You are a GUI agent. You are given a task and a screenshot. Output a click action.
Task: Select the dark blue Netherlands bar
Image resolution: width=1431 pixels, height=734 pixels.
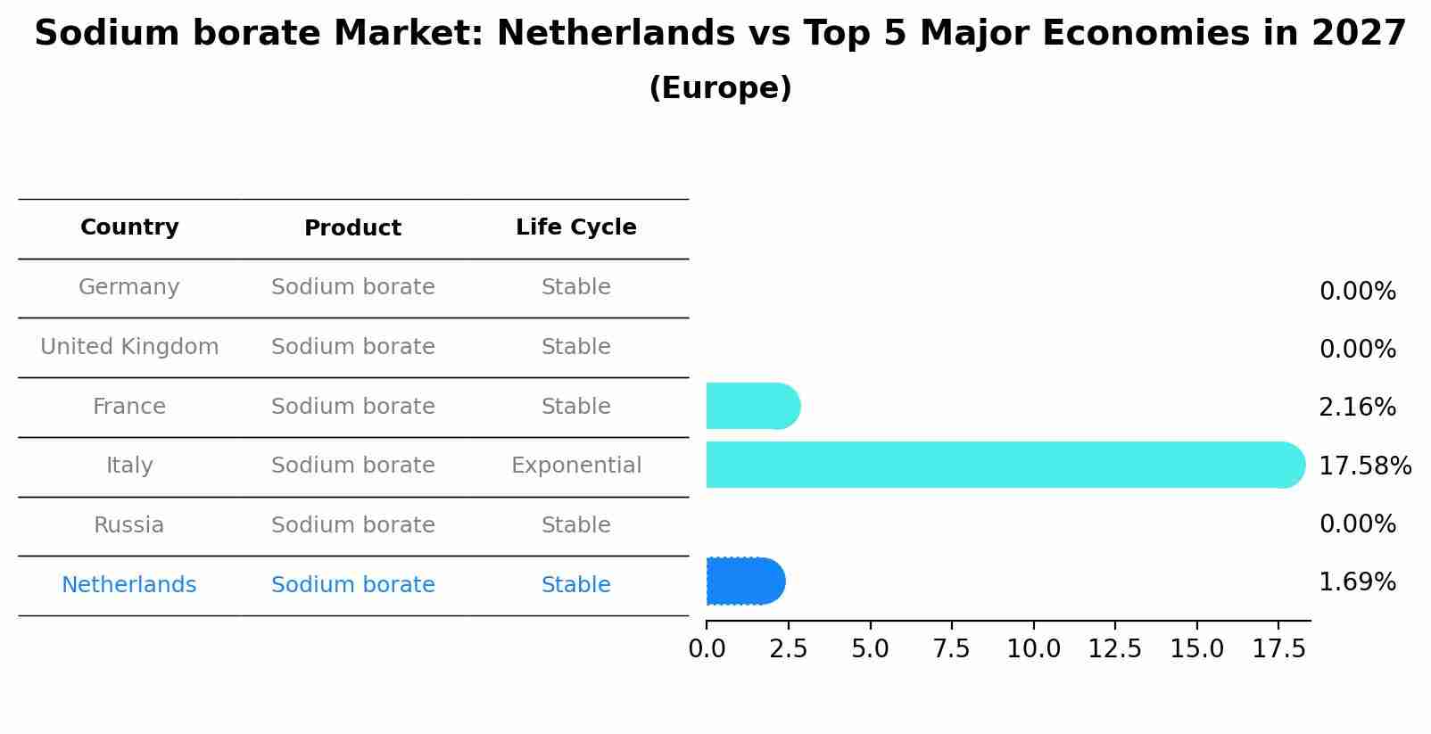coord(745,581)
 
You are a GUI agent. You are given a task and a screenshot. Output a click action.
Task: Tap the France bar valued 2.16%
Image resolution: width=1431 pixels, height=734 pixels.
coord(752,407)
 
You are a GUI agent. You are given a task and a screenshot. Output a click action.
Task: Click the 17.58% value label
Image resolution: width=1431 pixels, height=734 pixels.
coord(1364,466)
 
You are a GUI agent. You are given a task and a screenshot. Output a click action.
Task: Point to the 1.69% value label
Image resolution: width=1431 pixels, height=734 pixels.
coord(1357,582)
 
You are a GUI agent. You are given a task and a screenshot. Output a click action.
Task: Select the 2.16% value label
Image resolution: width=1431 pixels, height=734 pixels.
coord(1357,408)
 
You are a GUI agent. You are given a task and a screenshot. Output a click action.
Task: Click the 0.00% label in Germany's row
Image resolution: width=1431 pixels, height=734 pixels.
coord(1357,292)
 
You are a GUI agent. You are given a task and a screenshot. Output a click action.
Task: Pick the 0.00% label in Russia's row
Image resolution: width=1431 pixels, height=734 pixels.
coord(1357,524)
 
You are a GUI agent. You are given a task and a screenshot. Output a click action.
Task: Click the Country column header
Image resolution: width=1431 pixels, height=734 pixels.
coord(129,227)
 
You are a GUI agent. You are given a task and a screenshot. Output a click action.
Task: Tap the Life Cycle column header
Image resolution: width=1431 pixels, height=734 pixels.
coord(575,227)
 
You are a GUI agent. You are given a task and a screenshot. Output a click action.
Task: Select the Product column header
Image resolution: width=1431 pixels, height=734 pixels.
coord(352,228)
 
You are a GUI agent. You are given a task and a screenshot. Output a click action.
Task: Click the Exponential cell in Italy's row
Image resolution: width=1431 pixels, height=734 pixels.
coord(575,466)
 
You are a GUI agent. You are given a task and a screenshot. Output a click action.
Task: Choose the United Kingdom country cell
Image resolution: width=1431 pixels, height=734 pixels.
coord(129,347)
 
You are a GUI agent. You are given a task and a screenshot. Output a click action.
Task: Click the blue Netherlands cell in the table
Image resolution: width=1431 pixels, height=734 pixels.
coord(129,585)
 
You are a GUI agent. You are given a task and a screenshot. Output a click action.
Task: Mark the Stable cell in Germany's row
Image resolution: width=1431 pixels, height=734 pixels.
coord(575,287)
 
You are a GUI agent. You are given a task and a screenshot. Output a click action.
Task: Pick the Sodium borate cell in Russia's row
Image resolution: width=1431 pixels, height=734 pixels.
coord(352,525)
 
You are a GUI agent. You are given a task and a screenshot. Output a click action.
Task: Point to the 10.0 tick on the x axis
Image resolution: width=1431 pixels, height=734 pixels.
coord(1033,649)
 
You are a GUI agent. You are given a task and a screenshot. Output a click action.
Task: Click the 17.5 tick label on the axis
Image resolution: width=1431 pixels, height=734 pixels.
coord(1278,649)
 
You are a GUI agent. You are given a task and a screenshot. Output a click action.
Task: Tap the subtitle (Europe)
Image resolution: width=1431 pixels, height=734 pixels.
coord(720,88)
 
